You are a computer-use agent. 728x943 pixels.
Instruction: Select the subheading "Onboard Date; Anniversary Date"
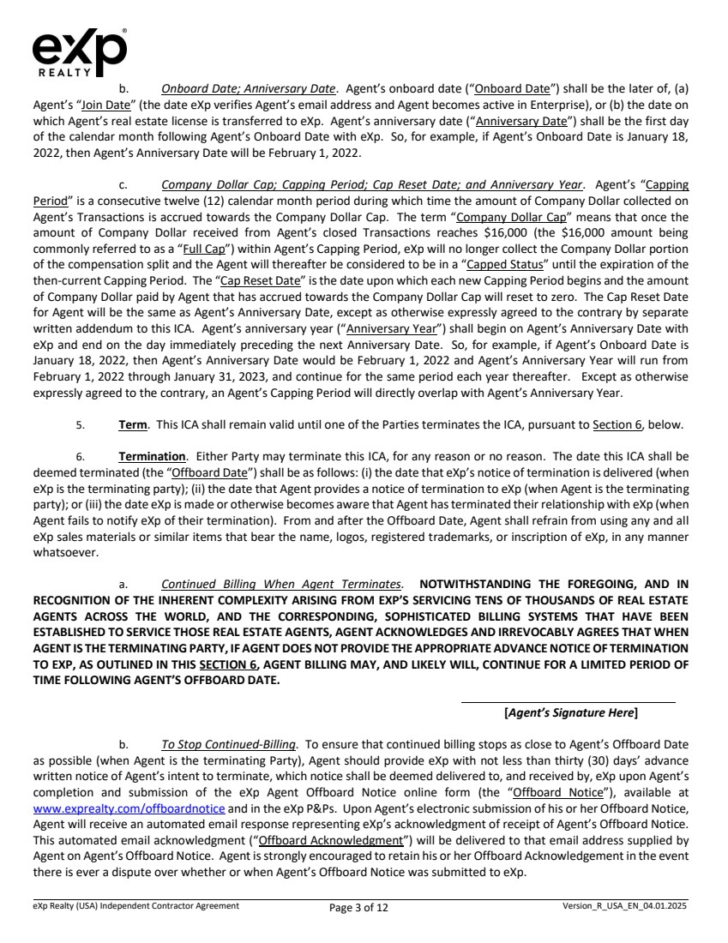pos(249,88)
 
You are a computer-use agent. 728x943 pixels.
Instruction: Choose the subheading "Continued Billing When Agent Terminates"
pos(280,583)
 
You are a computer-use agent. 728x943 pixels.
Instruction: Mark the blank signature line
pos(568,703)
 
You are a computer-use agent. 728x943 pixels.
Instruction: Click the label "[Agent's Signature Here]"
pos(570,712)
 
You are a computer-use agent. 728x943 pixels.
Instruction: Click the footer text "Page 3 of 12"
pos(358,908)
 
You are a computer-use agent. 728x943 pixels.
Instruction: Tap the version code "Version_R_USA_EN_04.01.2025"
pos(624,905)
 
